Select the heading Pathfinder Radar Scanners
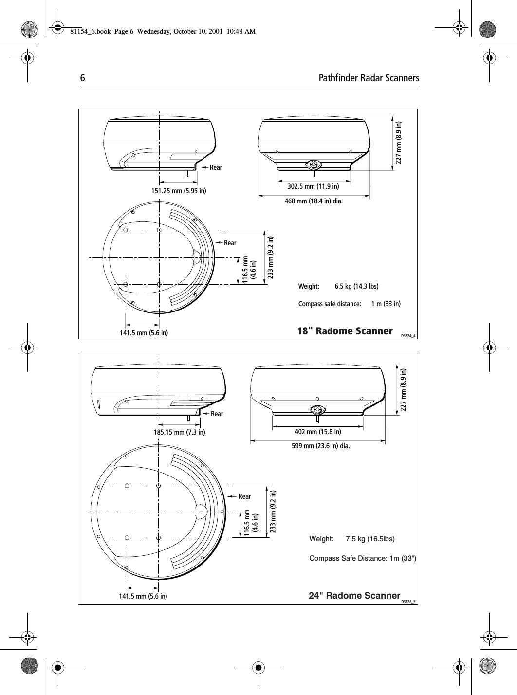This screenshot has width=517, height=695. coord(369,78)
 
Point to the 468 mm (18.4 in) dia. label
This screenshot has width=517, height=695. coord(314,201)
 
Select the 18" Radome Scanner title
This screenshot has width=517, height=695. coord(345,331)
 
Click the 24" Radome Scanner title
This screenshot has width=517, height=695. coord(354,596)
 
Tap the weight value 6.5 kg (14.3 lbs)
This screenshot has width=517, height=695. coord(356,286)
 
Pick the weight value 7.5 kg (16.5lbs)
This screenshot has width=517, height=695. coord(370,539)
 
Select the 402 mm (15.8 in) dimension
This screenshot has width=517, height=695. coord(317,432)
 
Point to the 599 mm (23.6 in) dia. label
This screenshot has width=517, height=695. coord(320,445)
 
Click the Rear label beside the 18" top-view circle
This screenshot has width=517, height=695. coord(230,243)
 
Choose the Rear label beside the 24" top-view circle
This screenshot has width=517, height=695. coord(244,496)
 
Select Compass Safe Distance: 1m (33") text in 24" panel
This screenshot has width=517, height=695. coord(363,558)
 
